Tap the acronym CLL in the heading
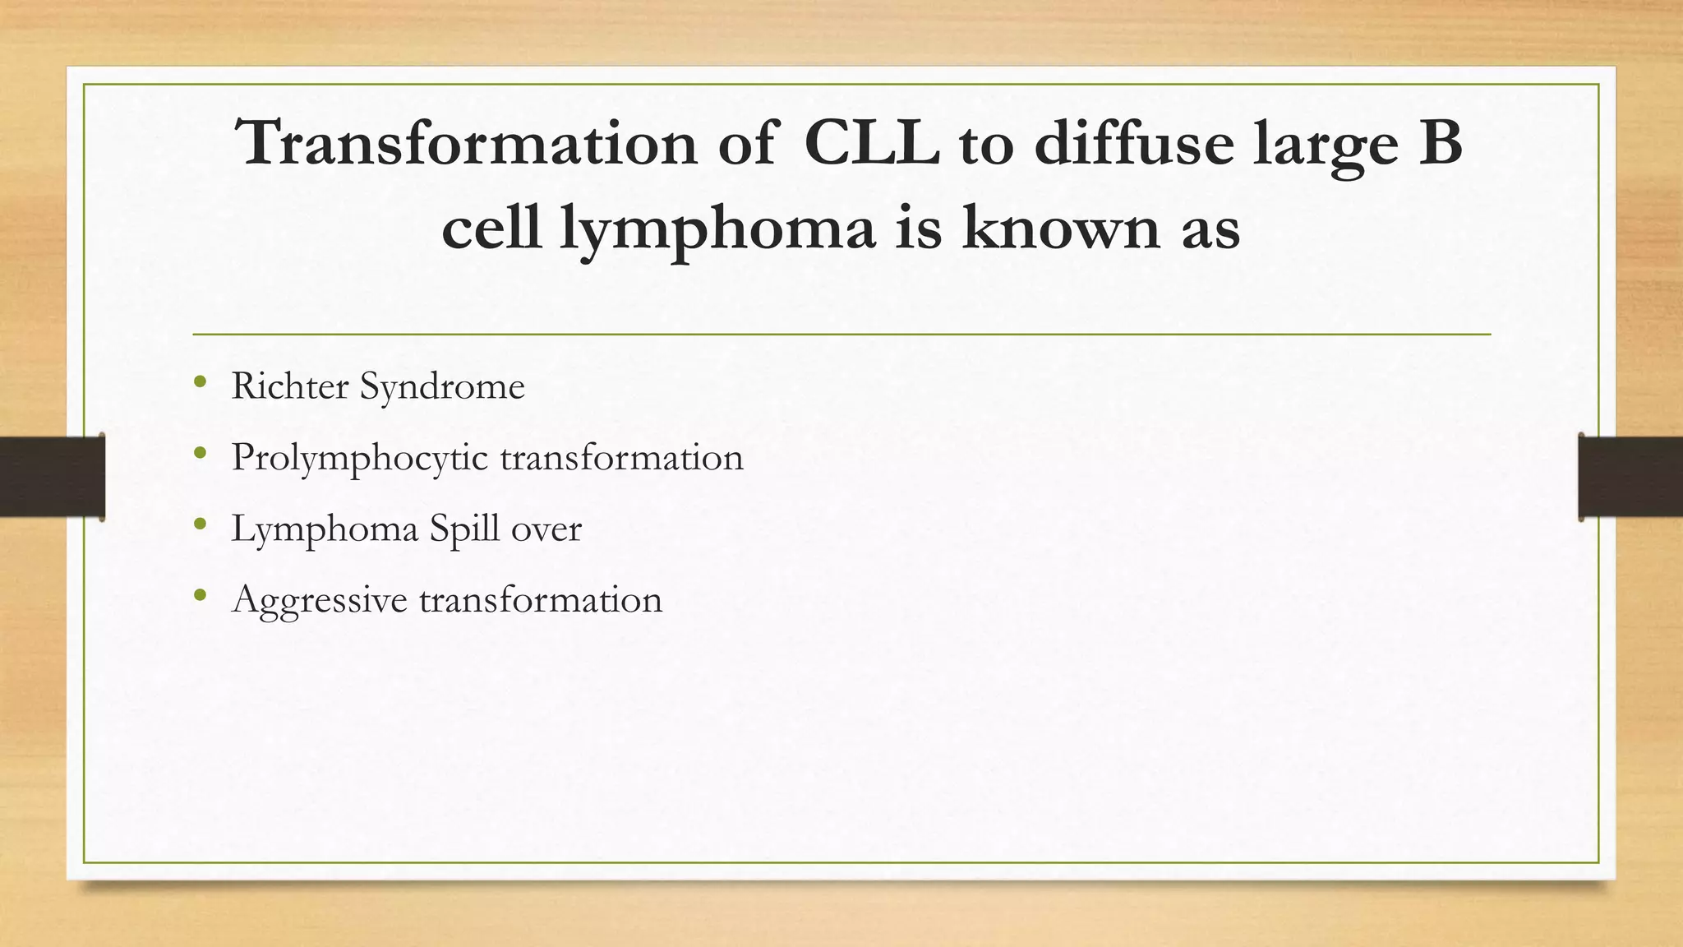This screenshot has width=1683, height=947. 871,144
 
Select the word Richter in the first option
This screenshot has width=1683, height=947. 289,386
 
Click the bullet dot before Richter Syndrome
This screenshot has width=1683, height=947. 200,381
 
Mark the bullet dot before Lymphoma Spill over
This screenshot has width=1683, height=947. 200,524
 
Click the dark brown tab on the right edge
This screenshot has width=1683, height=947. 1630,477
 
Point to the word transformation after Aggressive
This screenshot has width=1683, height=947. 540,599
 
